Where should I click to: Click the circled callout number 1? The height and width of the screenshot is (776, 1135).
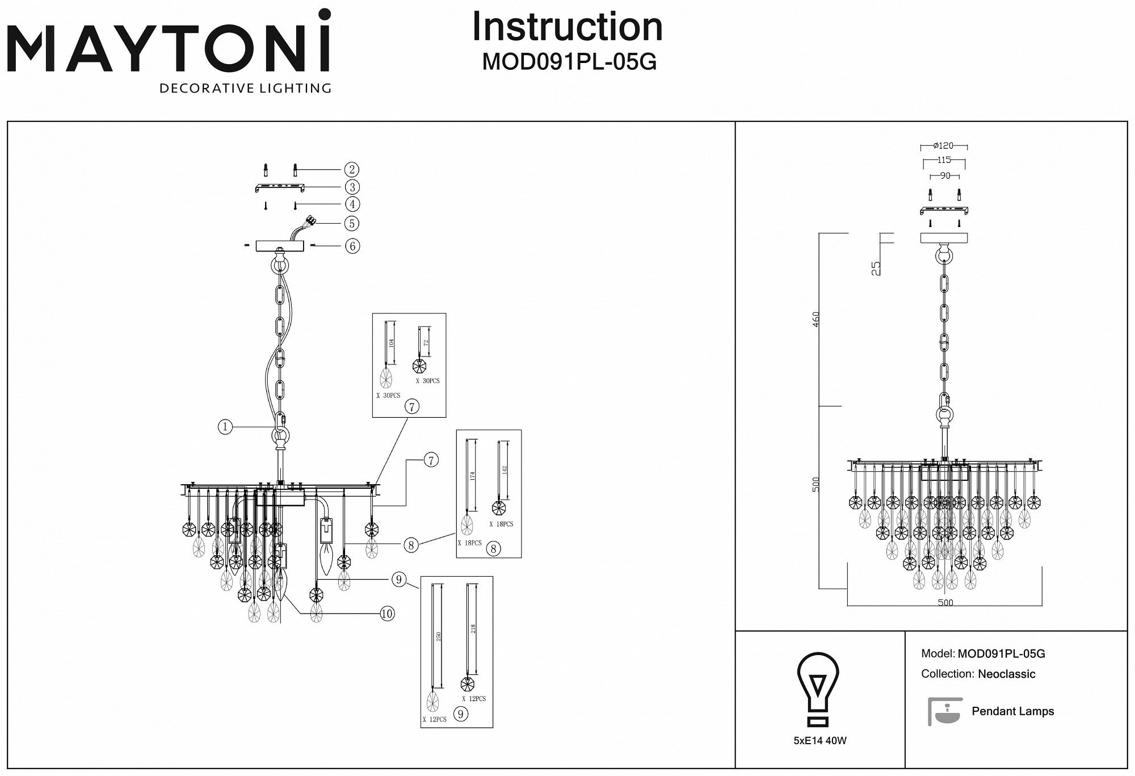click(x=225, y=426)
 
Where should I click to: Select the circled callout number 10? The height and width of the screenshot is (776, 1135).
click(x=386, y=614)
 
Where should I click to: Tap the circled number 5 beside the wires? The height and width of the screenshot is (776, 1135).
click(x=352, y=223)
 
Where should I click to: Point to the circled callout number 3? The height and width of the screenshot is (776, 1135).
click(x=352, y=187)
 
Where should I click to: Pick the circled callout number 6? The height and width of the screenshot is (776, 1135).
click(x=352, y=246)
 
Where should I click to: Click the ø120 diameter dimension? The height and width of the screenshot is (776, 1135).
click(x=943, y=146)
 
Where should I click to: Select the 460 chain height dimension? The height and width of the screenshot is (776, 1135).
click(x=815, y=322)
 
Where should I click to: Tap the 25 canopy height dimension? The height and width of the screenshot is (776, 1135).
click(x=876, y=267)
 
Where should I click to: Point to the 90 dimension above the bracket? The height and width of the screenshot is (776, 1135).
click(x=944, y=176)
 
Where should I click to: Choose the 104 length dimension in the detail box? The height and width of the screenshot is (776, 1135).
click(x=392, y=343)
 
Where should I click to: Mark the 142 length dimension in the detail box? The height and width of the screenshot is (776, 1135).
click(x=505, y=470)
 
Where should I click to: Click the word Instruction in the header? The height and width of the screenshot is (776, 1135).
click(x=567, y=27)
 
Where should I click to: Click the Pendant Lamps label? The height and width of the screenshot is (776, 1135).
click(x=1012, y=711)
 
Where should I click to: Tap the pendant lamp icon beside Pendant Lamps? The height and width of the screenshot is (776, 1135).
click(x=945, y=711)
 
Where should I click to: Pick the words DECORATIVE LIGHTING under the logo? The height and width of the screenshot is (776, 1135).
click(x=245, y=89)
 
